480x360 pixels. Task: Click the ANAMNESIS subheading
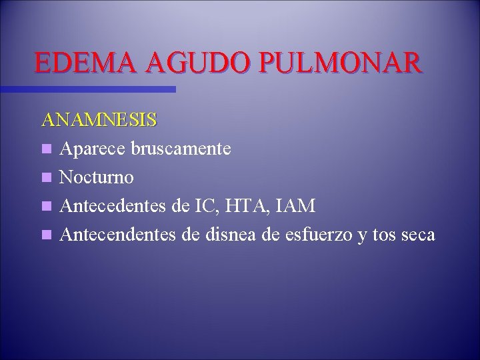click(99, 120)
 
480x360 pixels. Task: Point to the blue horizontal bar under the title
click(87, 89)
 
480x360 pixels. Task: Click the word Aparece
click(92, 149)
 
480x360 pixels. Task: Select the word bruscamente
click(181, 149)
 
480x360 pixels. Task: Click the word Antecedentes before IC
click(113, 206)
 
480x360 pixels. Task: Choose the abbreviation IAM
click(301, 206)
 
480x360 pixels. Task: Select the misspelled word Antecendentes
click(117, 235)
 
